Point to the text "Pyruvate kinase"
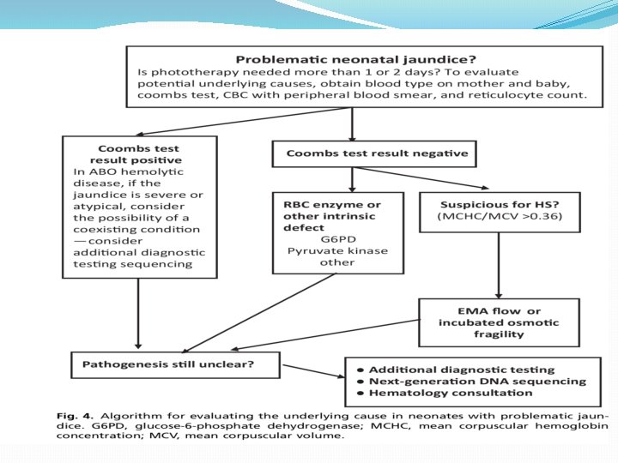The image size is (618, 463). pos(337,250)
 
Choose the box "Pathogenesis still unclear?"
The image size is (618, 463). pos(181,364)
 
